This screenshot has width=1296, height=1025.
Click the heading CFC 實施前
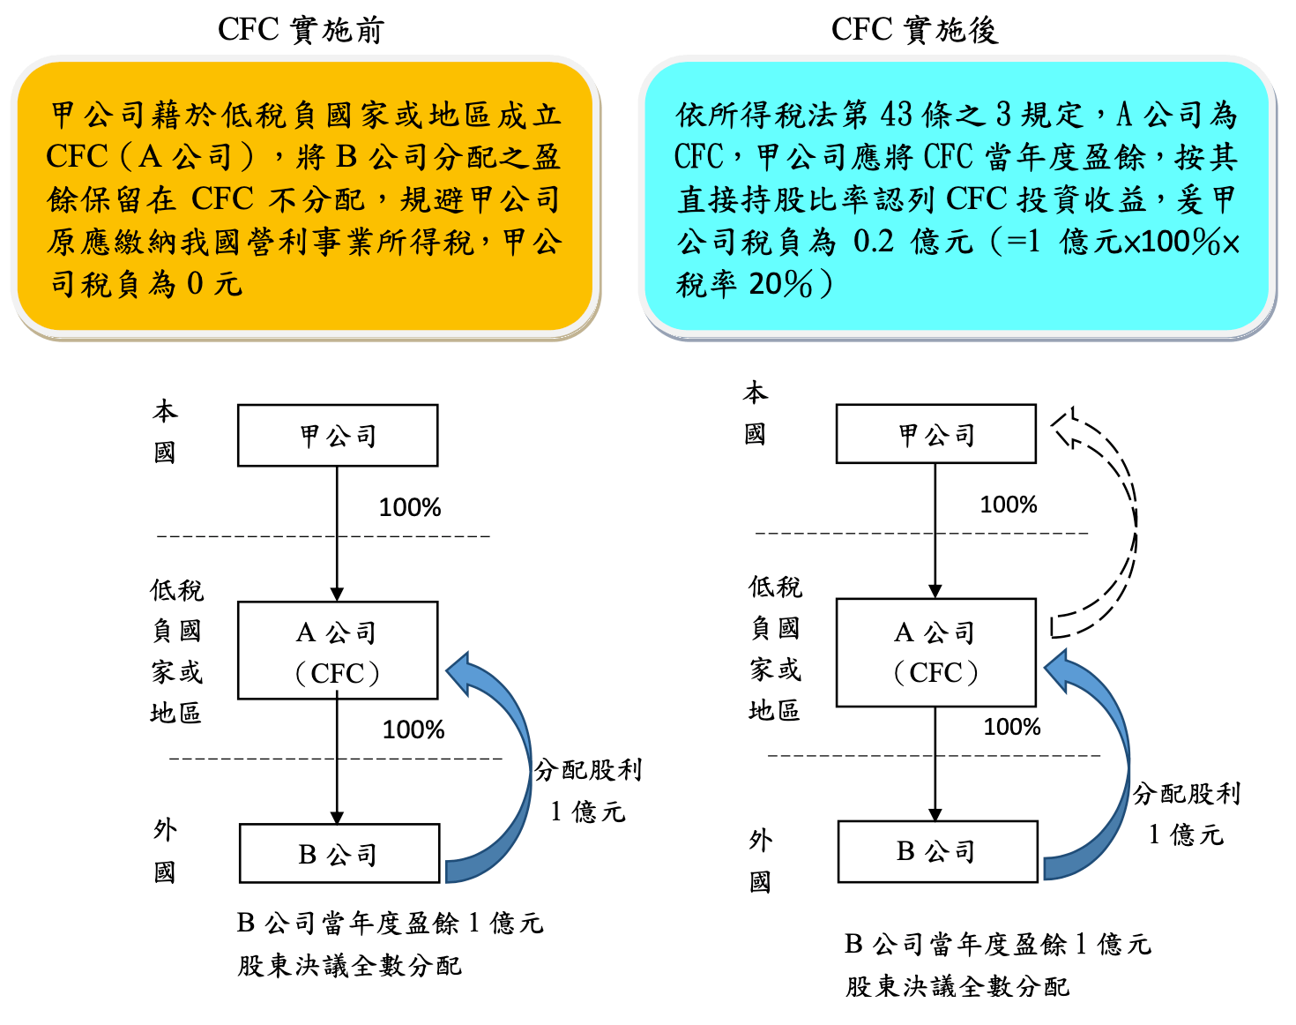pos(301,29)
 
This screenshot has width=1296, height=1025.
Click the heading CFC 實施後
pos(915,29)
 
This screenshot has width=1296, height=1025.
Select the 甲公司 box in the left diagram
pos(338,435)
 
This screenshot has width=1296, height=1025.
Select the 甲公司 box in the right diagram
pos(936,433)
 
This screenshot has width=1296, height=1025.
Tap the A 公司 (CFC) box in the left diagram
pos(338,650)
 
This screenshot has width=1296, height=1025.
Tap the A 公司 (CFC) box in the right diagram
pos(936,652)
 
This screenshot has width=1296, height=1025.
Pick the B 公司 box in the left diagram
pos(339,853)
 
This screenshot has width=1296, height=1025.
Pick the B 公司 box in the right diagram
pos(938,851)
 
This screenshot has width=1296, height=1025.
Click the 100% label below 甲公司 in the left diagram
pos(409,507)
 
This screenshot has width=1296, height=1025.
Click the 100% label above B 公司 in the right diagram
pos(1012,727)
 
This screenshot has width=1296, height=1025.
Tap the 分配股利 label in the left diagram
pos(588,770)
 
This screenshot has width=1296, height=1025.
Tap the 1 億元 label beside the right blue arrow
pos(1186,835)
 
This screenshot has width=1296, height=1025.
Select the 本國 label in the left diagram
pos(165,431)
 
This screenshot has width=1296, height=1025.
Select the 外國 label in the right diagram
pos(760,861)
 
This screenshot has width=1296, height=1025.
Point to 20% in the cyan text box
pos(781,283)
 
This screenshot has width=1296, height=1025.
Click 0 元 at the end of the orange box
pos(214,283)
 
